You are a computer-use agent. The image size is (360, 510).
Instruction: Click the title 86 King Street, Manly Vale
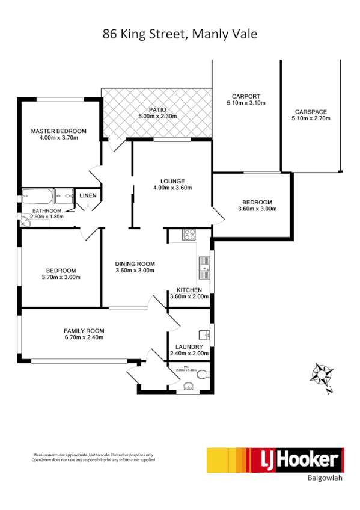tap(180, 34)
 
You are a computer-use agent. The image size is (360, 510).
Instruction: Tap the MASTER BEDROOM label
tap(58, 131)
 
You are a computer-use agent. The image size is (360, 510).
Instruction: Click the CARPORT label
tap(246, 96)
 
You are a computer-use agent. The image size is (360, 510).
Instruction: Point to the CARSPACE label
tap(311, 111)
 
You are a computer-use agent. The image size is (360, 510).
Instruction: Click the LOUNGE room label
tap(172, 181)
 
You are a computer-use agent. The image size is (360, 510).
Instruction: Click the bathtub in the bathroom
tap(37, 197)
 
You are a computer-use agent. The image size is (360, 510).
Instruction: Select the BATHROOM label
tap(47, 211)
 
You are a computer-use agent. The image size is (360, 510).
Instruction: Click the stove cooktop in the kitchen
tap(189, 235)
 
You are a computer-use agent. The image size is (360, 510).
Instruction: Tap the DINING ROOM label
tap(135, 263)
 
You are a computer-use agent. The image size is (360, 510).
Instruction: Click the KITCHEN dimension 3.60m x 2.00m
tap(189, 296)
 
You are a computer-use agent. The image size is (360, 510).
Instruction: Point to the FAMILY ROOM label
tap(84, 331)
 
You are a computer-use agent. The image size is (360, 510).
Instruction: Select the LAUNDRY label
tap(189, 347)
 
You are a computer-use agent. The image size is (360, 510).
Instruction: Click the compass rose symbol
tap(322, 375)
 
